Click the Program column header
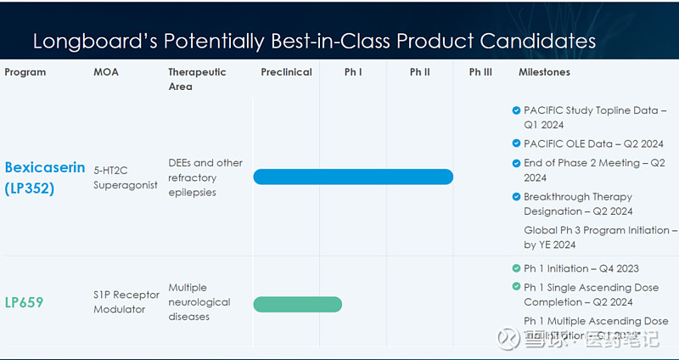[25, 72]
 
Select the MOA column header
[106, 72]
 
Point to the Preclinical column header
[286, 72]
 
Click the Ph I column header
[353, 72]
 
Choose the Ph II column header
[419, 72]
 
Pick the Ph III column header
[480, 72]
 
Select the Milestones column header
[544, 72]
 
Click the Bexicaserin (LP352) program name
[45, 177]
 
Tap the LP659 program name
[24, 302]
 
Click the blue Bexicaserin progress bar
[353, 177]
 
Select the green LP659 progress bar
[297, 304]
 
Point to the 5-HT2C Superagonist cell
[126, 177]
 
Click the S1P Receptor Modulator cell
[126, 302]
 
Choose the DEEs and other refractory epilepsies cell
[205, 177]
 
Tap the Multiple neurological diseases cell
[199, 302]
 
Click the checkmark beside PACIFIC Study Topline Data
[516, 110]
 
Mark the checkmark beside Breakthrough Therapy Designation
[516, 197]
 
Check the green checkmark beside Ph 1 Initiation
[516, 268]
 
